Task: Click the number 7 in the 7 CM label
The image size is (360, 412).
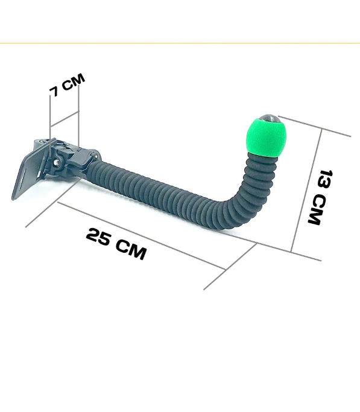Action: [x=54, y=91]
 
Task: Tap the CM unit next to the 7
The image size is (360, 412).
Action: [x=74, y=81]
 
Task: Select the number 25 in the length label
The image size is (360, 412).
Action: [x=98, y=238]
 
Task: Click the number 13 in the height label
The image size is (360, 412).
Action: [x=325, y=179]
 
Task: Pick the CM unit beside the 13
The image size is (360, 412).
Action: [x=316, y=209]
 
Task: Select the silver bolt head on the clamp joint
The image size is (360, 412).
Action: [x=57, y=163]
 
